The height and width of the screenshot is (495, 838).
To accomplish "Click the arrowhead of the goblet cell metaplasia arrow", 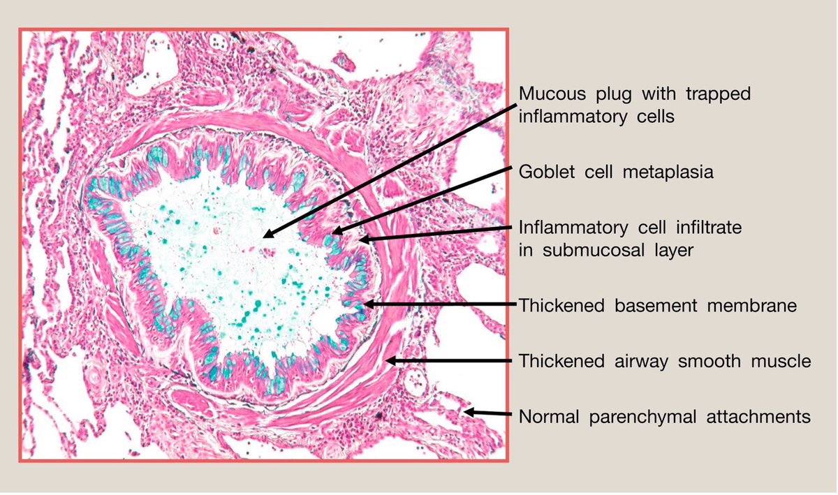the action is tap(335, 232).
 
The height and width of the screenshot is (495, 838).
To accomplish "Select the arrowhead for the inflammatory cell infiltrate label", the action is tap(362, 239).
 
